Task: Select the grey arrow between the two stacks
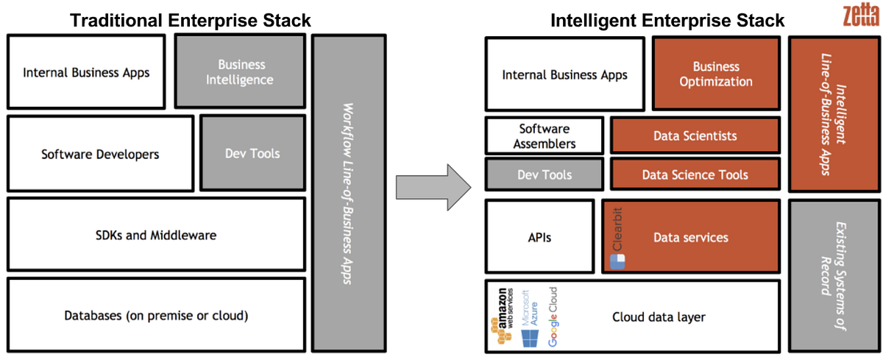click(x=433, y=187)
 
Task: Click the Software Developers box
click(x=100, y=154)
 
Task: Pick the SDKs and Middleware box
click(x=155, y=235)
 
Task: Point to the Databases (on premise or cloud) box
click(x=155, y=315)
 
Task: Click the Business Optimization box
click(x=716, y=74)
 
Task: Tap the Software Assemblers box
click(x=544, y=136)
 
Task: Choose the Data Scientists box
click(x=695, y=136)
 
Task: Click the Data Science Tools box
click(x=695, y=174)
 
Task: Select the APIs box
click(x=539, y=237)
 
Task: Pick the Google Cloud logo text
click(x=553, y=317)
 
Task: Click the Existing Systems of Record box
click(x=834, y=275)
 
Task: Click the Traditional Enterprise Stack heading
click(x=191, y=20)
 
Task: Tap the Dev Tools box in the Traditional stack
click(x=252, y=153)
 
